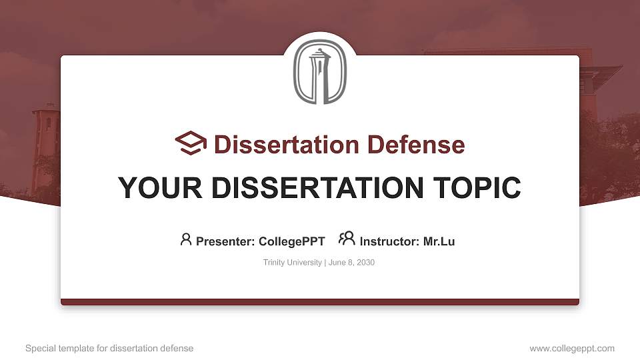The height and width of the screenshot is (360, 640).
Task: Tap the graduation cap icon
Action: point(191,144)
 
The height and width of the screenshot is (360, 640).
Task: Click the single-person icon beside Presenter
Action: point(186,239)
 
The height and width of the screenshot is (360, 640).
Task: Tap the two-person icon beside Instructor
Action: point(347,239)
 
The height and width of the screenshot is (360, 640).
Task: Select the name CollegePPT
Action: point(291,241)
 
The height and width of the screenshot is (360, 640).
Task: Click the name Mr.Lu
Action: point(439,241)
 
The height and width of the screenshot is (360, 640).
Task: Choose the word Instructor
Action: point(389,241)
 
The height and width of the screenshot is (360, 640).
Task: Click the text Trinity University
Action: point(293,263)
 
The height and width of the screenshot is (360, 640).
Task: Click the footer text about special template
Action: point(109,348)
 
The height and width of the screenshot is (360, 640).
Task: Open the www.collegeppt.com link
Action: point(572,348)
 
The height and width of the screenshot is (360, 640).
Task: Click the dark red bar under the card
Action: point(320,302)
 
